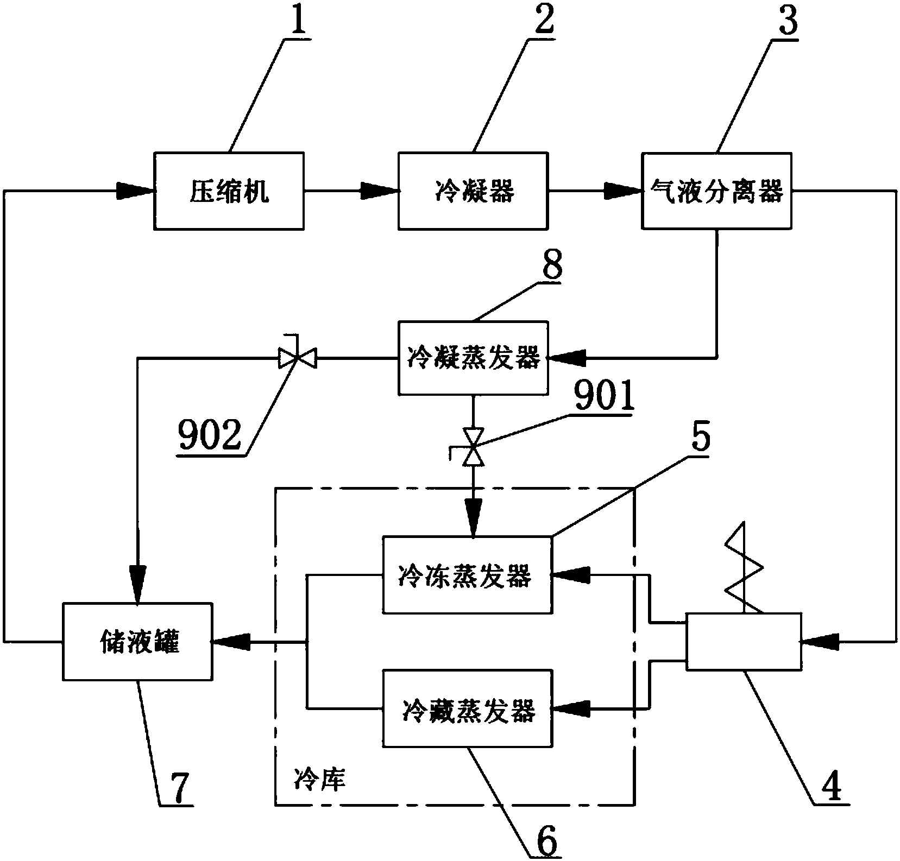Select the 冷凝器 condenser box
[473, 191]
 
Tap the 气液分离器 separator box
[716, 191]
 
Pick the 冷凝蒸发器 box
[473, 357]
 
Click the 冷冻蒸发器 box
[467, 575]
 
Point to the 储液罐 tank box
[137, 642]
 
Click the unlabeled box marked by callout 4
[744, 642]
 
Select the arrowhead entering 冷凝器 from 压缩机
[380, 191]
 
